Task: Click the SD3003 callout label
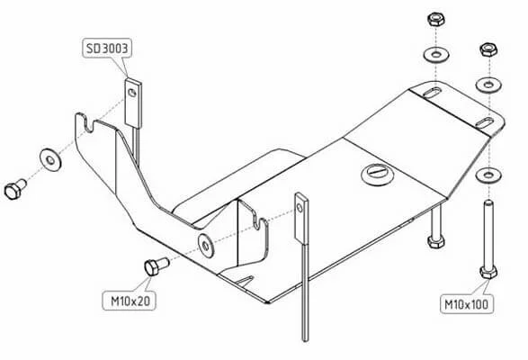107,49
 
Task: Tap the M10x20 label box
130,301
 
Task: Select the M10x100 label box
466,304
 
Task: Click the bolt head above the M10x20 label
151,268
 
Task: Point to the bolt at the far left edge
15,189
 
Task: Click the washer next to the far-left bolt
50,160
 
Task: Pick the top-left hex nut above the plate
435,19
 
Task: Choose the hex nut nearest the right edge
488,49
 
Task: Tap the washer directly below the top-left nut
436,54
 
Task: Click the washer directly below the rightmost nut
488,85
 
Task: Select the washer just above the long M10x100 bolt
488,175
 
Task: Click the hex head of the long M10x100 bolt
488,271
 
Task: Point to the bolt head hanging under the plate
435,241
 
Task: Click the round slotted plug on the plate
378,175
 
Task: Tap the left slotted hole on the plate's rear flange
432,93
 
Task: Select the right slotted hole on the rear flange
484,122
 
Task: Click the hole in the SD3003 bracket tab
132,93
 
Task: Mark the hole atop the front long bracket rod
300,207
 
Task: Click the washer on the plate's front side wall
206,245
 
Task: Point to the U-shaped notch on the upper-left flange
89,125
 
